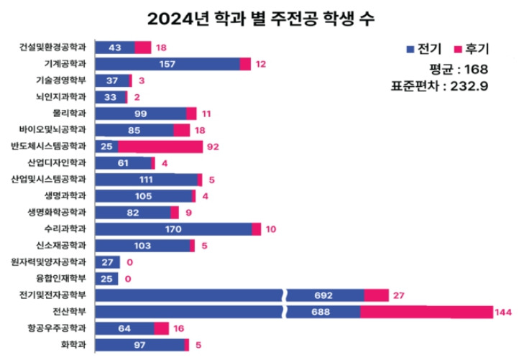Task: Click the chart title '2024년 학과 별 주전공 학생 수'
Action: (x=261, y=17)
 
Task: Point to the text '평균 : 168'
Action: (x=458, y=70)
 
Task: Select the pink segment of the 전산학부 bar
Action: (x=426, y=312)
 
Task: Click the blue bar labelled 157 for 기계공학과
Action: (x=167, y=64)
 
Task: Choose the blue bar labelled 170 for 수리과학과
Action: (x=173, y=229)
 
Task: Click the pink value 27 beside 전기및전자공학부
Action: (x=401, y=295)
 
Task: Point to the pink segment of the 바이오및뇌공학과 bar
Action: (x=182, y=130)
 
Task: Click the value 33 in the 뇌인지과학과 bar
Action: (x=110, y=97)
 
